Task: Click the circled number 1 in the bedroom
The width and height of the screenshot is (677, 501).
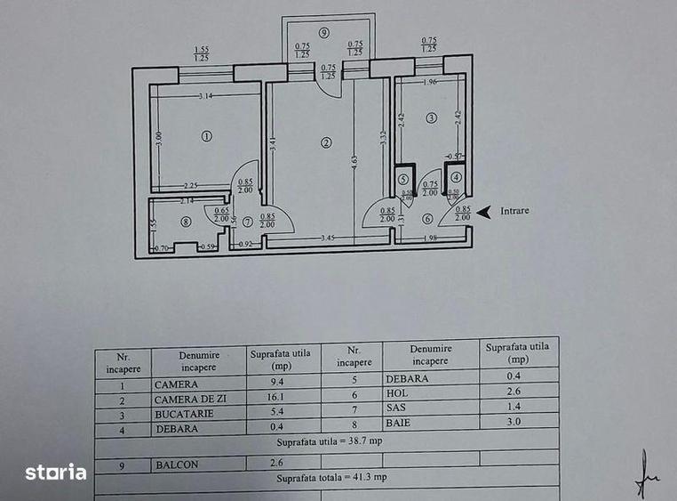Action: (206, 136)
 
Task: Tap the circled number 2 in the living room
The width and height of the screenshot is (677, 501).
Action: (327, 142)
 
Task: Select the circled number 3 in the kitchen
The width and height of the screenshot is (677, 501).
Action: (431, 117)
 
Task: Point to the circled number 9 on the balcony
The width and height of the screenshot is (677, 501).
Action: (325, 33)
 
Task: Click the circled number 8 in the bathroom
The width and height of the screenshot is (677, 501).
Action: (185, 222)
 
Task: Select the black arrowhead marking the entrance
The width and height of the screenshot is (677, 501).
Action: (483, 212)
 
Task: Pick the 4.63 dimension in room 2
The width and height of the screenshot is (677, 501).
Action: (354, 162)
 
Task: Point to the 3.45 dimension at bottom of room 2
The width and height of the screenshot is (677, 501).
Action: (327, 238)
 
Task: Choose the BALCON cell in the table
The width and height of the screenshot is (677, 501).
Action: (178, 464)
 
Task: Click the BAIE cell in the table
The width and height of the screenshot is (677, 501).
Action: (398, 422)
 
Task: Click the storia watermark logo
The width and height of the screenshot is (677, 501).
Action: (55, 472)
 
